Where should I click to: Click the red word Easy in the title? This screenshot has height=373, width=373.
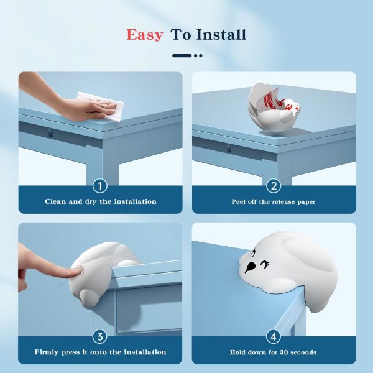pos(145,35)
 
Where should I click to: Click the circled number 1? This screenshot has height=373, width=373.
pos(100,186)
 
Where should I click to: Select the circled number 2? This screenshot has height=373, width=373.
pos(274,186)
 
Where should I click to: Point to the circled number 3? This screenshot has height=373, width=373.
pos(100,336)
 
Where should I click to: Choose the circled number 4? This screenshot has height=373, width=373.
pos(274,336)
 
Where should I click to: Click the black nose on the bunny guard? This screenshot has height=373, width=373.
pos(249,267)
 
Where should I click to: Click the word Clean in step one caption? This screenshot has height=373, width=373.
pos(55,201)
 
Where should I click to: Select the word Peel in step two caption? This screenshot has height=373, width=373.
pos(239,201)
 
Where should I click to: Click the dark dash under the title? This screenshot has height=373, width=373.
pos(182,56)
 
